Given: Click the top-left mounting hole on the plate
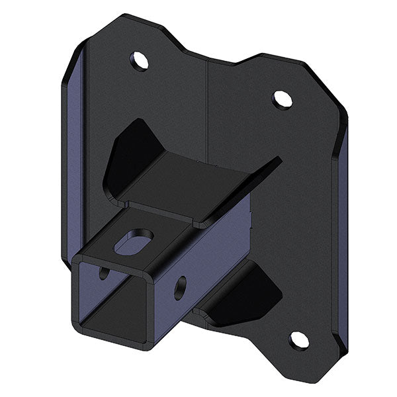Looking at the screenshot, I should tap(140, 61).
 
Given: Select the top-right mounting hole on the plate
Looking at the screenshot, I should tap(282, 99).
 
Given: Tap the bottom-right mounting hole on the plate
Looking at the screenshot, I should tap(298, 340).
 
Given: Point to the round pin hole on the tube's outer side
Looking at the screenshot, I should tap(180, 286).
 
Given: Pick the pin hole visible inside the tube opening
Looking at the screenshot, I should tap(103, 273).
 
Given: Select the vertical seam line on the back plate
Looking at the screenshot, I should tap(209, 106).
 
